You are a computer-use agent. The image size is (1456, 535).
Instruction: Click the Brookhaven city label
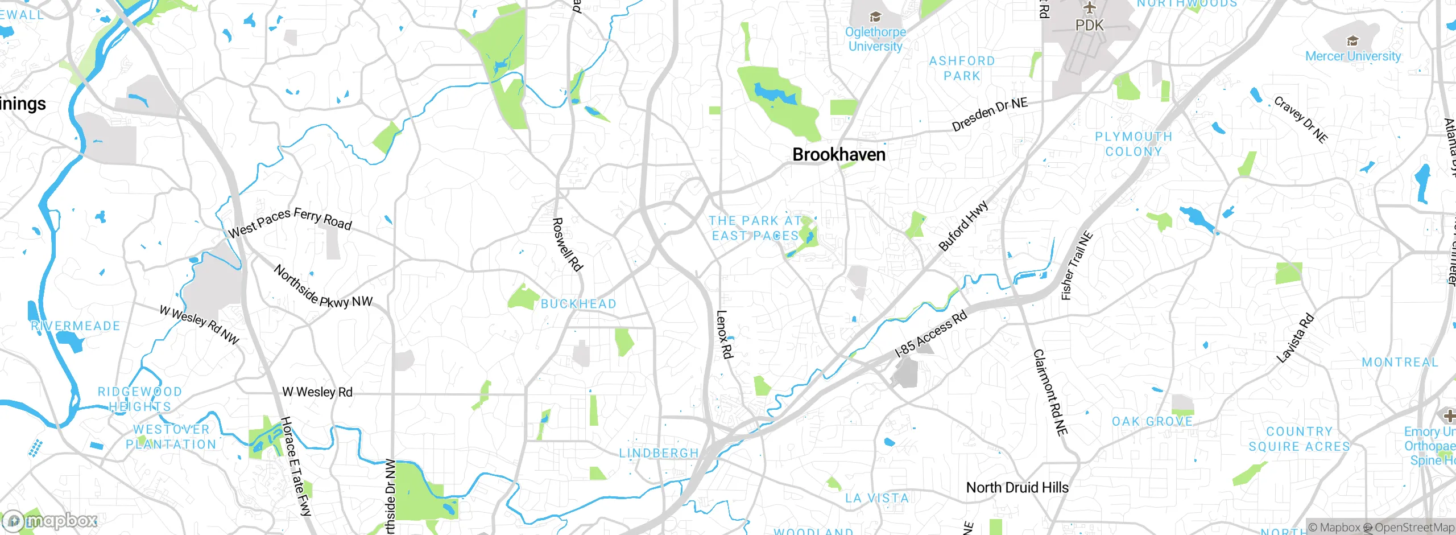(x=838, y=154)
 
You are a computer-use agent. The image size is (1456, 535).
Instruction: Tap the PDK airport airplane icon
(x=1089, y=8)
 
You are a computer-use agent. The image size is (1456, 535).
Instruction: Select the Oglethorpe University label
(x=875, y=39)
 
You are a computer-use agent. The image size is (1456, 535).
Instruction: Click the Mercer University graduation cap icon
(x=1352, y=41)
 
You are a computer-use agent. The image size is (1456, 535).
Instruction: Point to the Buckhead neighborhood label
(x=578, y=304)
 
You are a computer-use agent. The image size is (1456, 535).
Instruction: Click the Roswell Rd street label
(x=568, y=244)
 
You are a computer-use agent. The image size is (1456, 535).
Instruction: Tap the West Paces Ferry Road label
(x=289, y=222)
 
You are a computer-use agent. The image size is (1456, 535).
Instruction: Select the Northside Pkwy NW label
(x=322, y=287)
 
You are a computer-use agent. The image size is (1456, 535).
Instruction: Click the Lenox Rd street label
(x=724, y=334)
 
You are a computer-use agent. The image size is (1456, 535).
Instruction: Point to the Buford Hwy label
(x=963, y=226)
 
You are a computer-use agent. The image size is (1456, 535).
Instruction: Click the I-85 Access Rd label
(x=930, y=334)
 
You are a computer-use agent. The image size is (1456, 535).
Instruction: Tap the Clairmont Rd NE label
(x=1050, y=393)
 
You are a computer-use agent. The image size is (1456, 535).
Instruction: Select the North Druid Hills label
(x=1017, y=488)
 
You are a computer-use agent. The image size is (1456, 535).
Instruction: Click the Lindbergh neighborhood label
(x=659, y=453)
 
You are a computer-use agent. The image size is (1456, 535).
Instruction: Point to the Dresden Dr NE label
(x=990, y=114)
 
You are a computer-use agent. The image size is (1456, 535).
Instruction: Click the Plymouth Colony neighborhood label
(x=1134, y=144)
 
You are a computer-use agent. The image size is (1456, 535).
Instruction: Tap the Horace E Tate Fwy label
(x=296, y=466)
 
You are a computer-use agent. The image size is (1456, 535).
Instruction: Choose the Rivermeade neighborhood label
(x=76, y=326)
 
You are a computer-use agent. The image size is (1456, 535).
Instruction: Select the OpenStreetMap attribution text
(x=1414, y=528)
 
